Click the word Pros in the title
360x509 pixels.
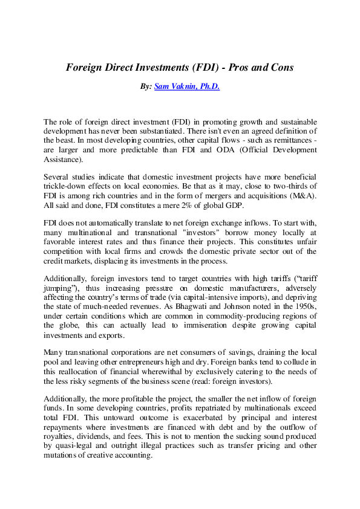[240, 68]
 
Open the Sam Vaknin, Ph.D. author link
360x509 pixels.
[187, 87]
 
